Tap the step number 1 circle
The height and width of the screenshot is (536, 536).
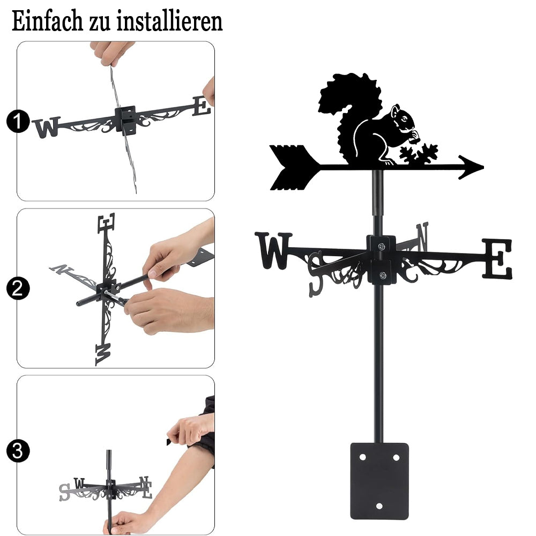[18, 121]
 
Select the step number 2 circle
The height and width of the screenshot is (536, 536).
[18, 288]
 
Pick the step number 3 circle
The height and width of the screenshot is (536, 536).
[18, 451]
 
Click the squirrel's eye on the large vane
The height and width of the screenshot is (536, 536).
[404, 118]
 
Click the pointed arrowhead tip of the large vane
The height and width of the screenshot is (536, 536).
[483, 167]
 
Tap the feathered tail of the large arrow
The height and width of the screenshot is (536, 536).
[295, 167]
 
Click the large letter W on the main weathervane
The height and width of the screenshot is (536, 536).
[273, 250]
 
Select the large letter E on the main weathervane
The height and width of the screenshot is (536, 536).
[497, 259]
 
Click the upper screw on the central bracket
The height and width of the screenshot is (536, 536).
[381, 246]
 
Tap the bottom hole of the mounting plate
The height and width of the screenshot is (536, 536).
[379, 505]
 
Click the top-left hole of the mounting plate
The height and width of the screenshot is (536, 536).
[362, 457]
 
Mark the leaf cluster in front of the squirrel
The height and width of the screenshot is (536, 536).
[419, 154]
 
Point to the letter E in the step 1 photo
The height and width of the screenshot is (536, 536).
[202, 106]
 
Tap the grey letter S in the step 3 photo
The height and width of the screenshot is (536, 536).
[65, 493]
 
